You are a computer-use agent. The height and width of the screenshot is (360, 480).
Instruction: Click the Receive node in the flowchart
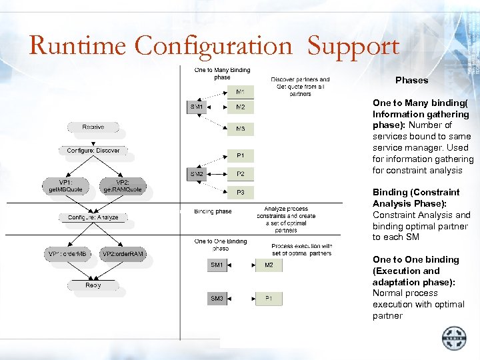[x=93, y=127]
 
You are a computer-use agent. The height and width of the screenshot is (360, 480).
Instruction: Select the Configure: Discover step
[x=93, y=151]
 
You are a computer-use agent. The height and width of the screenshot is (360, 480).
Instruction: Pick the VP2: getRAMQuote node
[x=123, y=185]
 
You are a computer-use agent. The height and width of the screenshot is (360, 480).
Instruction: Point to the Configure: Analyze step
[x=93, y=217]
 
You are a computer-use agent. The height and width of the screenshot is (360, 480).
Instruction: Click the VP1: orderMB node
[x=67, y=254]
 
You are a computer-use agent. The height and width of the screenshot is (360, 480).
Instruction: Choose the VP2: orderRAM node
[x=123, y=254]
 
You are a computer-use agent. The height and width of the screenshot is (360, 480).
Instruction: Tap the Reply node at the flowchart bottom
[x=93, y=285]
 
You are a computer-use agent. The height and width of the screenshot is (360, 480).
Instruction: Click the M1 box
[x=241, y=91]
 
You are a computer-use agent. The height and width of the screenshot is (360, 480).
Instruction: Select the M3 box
[x=241, y=128]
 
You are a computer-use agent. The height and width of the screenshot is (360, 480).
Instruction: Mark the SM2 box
[x=197, y=174]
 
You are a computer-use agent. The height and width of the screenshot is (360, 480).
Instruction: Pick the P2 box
[x=241, y=174]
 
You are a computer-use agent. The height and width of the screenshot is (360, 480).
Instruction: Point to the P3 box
[x=241, y=193]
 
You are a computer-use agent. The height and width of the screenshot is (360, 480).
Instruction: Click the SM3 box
[x=217, y=298]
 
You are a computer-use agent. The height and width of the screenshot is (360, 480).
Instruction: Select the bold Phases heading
[x=411, y=80]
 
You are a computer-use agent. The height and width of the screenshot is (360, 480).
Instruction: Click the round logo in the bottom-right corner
[x=455, y=339]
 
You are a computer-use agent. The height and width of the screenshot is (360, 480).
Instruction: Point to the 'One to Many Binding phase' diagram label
[x=222, y=73]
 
